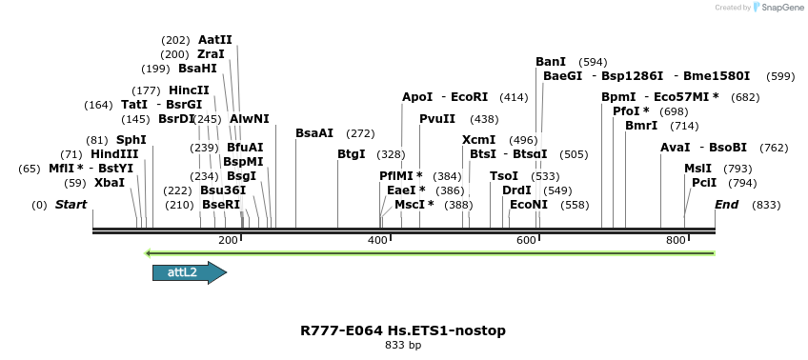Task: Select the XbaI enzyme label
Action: (x=110, y=183)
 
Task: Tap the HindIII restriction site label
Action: (x=114, y=154)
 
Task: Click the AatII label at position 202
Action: (x=214, y=40)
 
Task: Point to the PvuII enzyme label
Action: (x=437, y=119)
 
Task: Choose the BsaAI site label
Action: (x=314, y=133)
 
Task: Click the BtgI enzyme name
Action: (x=352, y=154)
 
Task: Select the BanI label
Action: (x=551, y=62)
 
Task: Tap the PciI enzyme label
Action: (x=704, y=183)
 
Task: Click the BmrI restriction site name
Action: (x=641, y=126)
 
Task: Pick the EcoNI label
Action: (x=529, y=205)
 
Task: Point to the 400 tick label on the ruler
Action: (x=377, y=241)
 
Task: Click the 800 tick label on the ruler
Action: (x=676, y=241)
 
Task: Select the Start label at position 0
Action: (x=71, y=205)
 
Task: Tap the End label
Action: (x=727, y=205)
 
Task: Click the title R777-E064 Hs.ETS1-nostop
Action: (x=403, y=330)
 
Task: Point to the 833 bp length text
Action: (x=403, y=346)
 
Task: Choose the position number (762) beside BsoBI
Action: (x=774, y=148)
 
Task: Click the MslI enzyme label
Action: (x=697, y=169)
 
